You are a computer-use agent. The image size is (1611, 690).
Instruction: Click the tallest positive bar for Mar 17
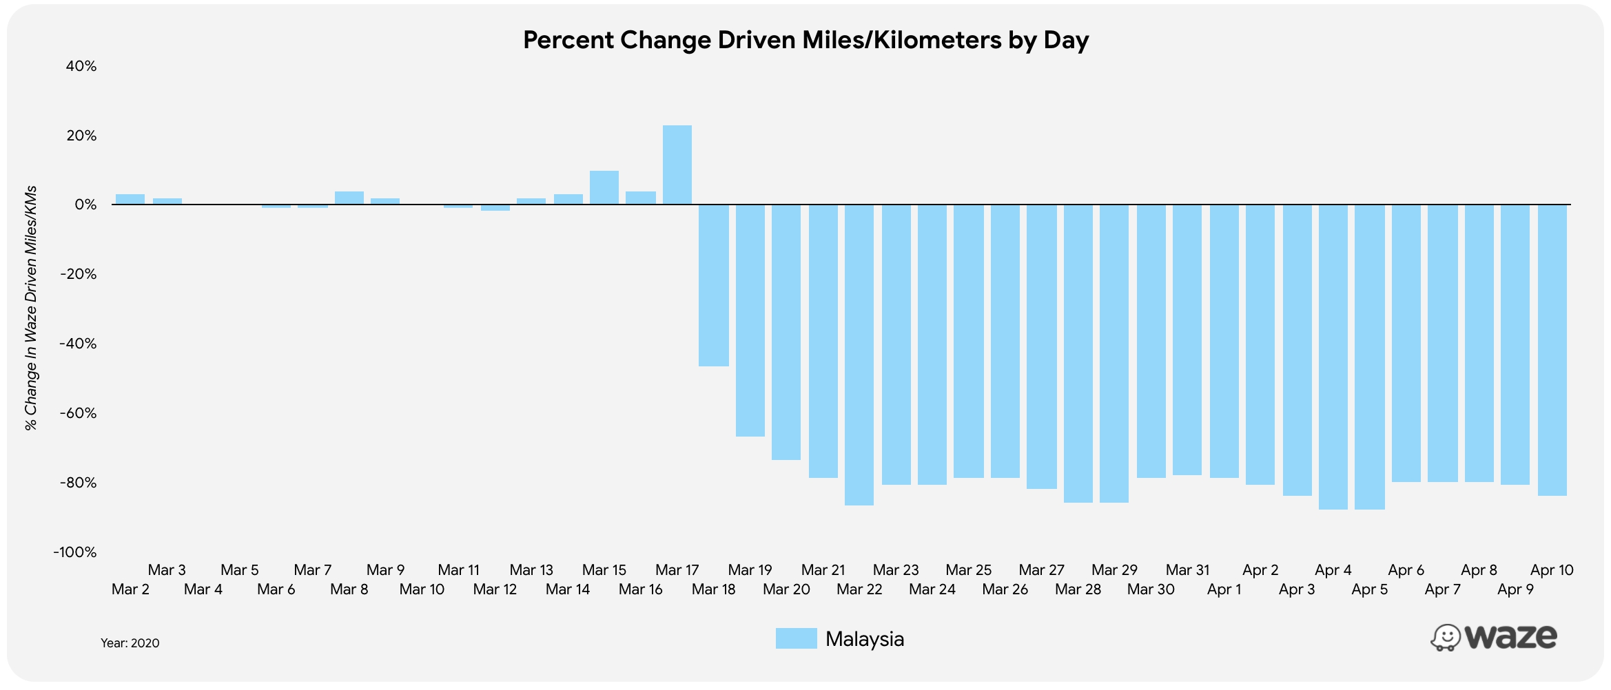(x=677, y=165)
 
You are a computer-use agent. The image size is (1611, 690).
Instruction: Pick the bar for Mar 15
(x=604, y=187)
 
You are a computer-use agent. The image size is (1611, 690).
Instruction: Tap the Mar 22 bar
(x=859, y=355)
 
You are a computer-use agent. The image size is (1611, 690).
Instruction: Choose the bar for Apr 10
(x=1552, y=350)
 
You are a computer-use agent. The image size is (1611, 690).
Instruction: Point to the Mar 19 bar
(x=750, y=320)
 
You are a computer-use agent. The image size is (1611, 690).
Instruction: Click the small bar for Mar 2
(x=130, y=199)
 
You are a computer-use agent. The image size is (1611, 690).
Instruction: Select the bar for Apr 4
(x=1333, y=357)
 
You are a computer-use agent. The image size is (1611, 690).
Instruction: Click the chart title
(x=805, y=40)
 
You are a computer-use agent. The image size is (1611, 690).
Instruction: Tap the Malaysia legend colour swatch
(x=796, y=638)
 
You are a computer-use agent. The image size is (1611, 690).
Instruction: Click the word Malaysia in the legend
(x=864, y=639)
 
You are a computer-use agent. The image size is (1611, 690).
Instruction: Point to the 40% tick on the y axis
(x=81, y=66)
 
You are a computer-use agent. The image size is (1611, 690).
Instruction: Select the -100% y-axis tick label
(x=75, y=552)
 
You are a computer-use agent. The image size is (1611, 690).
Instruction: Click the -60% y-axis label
(x=78, y=413)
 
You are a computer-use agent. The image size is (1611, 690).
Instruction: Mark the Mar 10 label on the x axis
(x=422, y=589)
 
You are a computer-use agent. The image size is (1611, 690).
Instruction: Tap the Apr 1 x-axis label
(x=1224, y=589)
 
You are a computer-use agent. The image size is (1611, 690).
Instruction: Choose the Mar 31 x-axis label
(x=1187, y=570)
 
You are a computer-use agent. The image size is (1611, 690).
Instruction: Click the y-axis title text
(x=31, y=309)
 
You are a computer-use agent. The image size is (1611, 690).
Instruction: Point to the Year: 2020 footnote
(x=130, y=643)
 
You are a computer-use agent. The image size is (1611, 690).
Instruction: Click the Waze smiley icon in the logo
(x=1445, y=638)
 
